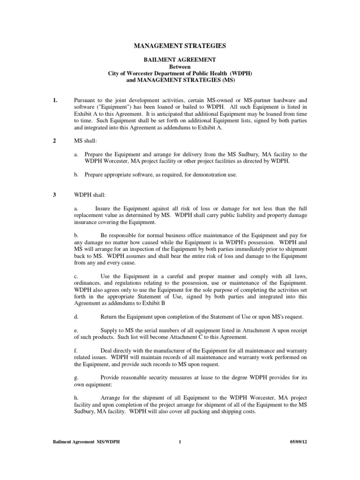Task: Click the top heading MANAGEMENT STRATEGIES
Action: (x=180, y=46)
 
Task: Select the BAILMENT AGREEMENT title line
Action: (x=180, y=60)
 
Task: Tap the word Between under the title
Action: (x=180, y=67)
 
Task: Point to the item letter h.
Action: (x=76, y=397)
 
